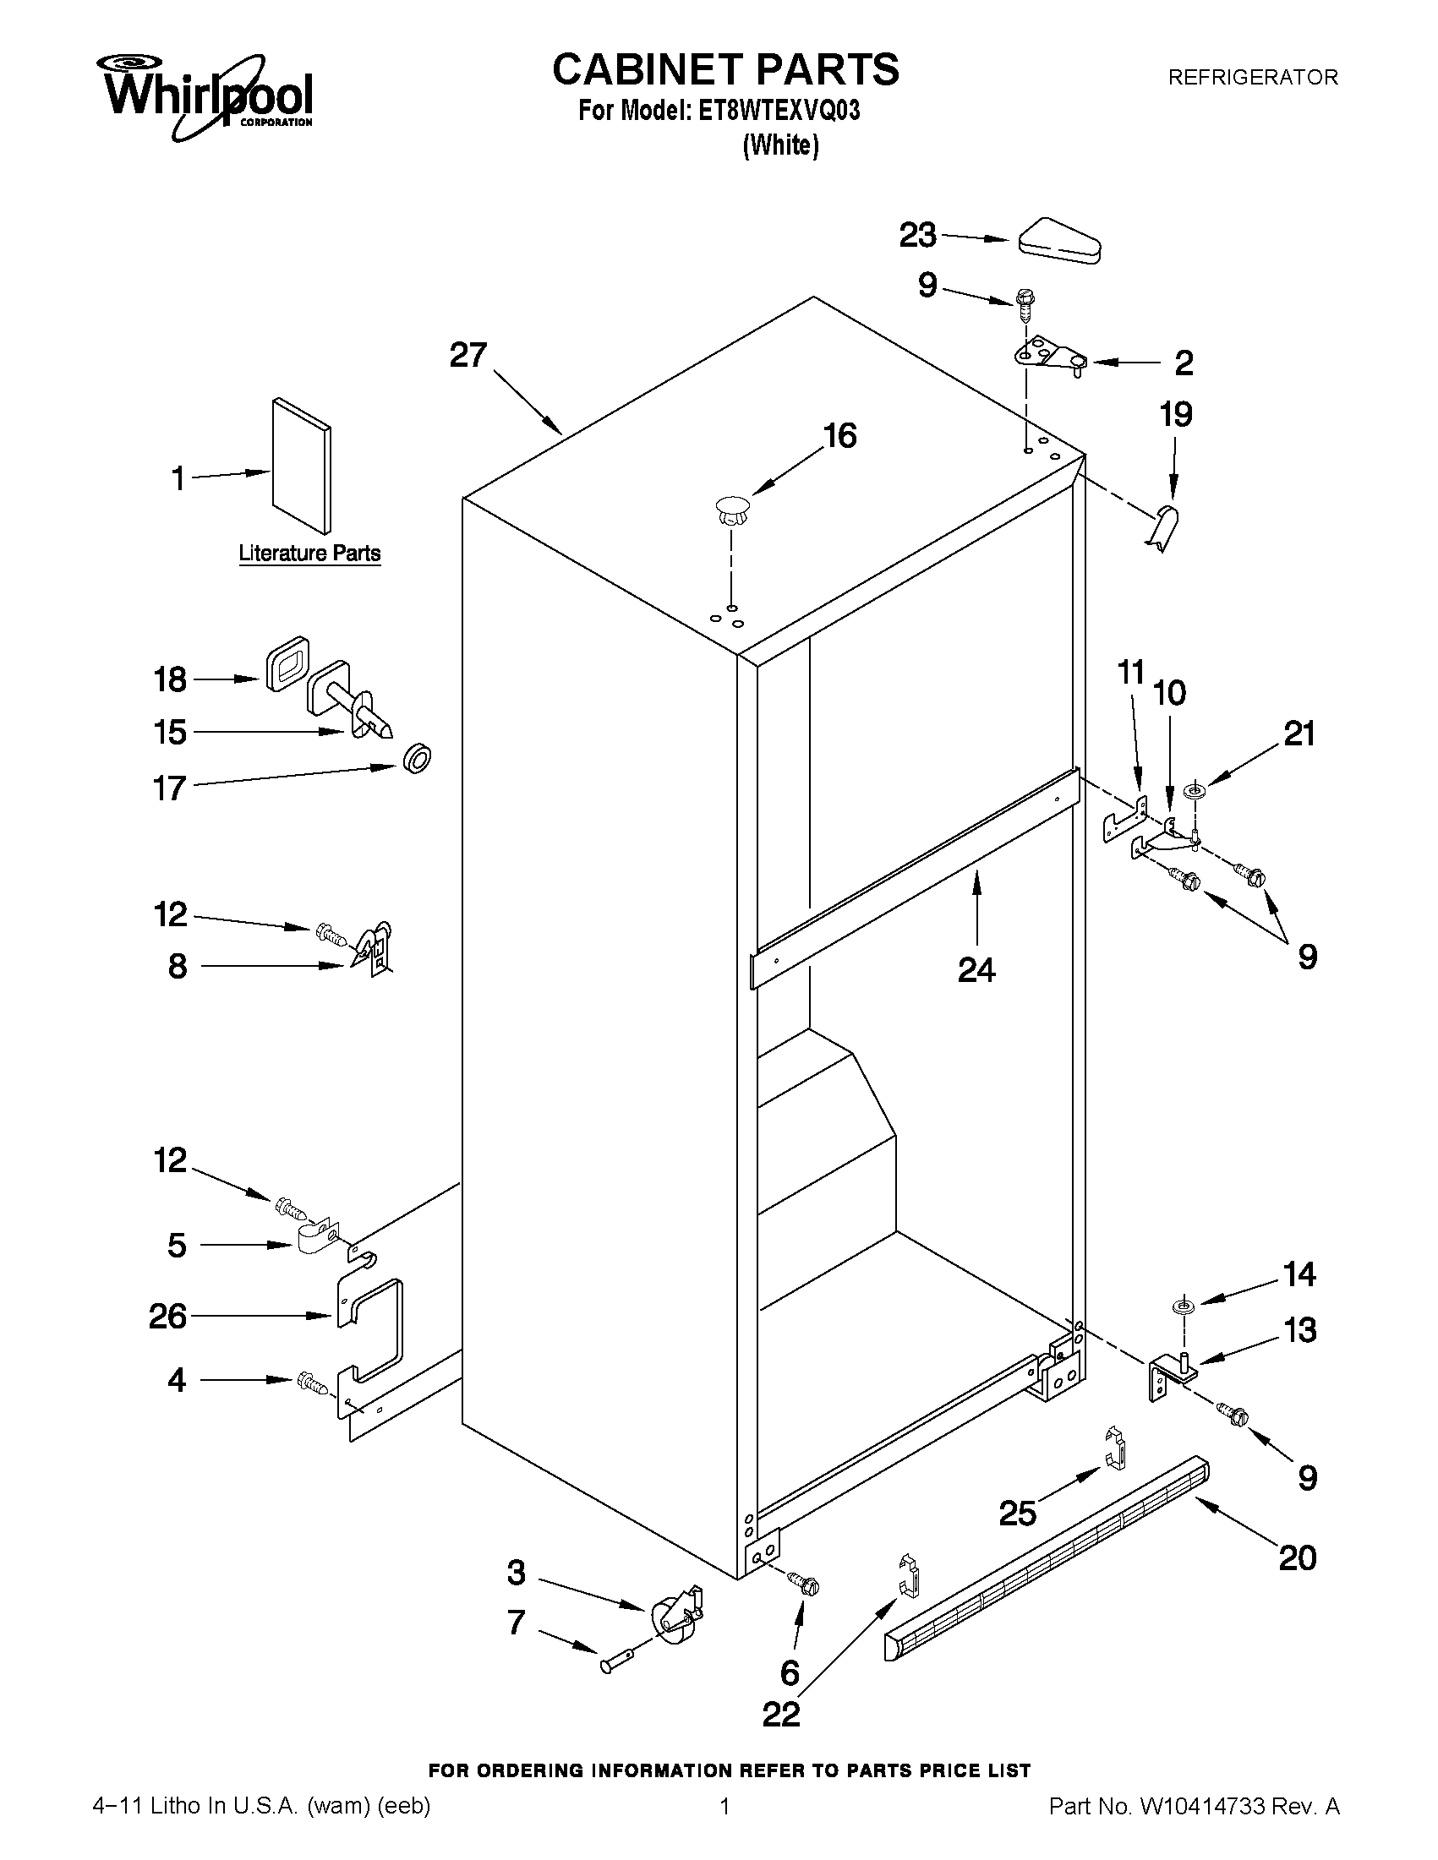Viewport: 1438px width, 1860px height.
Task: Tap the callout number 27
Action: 467,355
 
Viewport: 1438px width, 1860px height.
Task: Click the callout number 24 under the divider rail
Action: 976,969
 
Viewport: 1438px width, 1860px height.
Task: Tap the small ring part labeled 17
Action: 416,758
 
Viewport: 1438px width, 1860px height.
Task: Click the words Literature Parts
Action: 309,554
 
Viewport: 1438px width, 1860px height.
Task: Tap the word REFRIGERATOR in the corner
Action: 1252,78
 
